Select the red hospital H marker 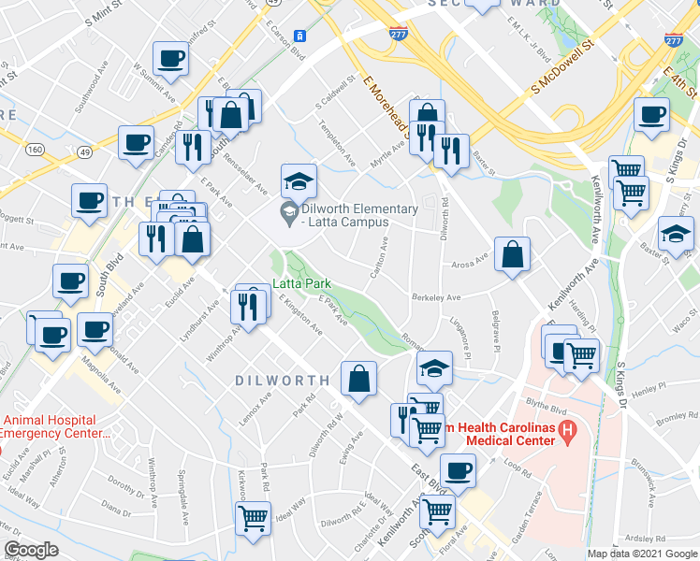pyautogui.click(x=566, y=432)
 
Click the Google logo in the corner pyautogui.click(x=31, y=550)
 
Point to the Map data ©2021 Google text pyautogui.click(x=642, y=554)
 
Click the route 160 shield pyautogui.click(x=35, y=150)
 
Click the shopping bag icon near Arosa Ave pyautogui.click(x=513, y=254)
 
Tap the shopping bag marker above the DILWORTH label pyautogui.click(x=359, y=379)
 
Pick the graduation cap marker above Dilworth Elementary pyautogui.click(x=299, y=180)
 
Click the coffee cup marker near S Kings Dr pyautogui.click(x=651, y=115)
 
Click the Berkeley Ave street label pyautogui.click(x=436, y=297)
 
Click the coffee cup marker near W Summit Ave pyautogui.click(x=171, y=59)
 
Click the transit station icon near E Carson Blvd pyautogui.click(x=299, y=35)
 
